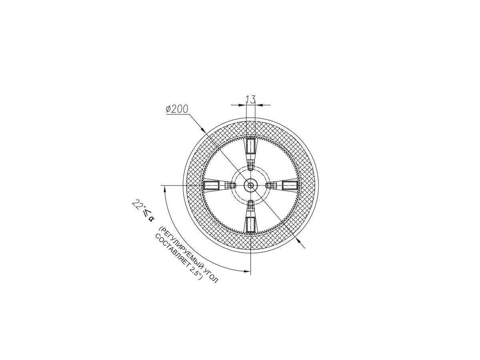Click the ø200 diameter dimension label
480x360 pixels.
tap(177, 109)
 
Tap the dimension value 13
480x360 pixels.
tap(251, 100)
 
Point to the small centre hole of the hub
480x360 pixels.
tap(251, 185)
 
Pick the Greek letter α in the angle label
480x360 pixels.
tap(150, 218)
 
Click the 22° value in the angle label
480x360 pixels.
tap(137, 205)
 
